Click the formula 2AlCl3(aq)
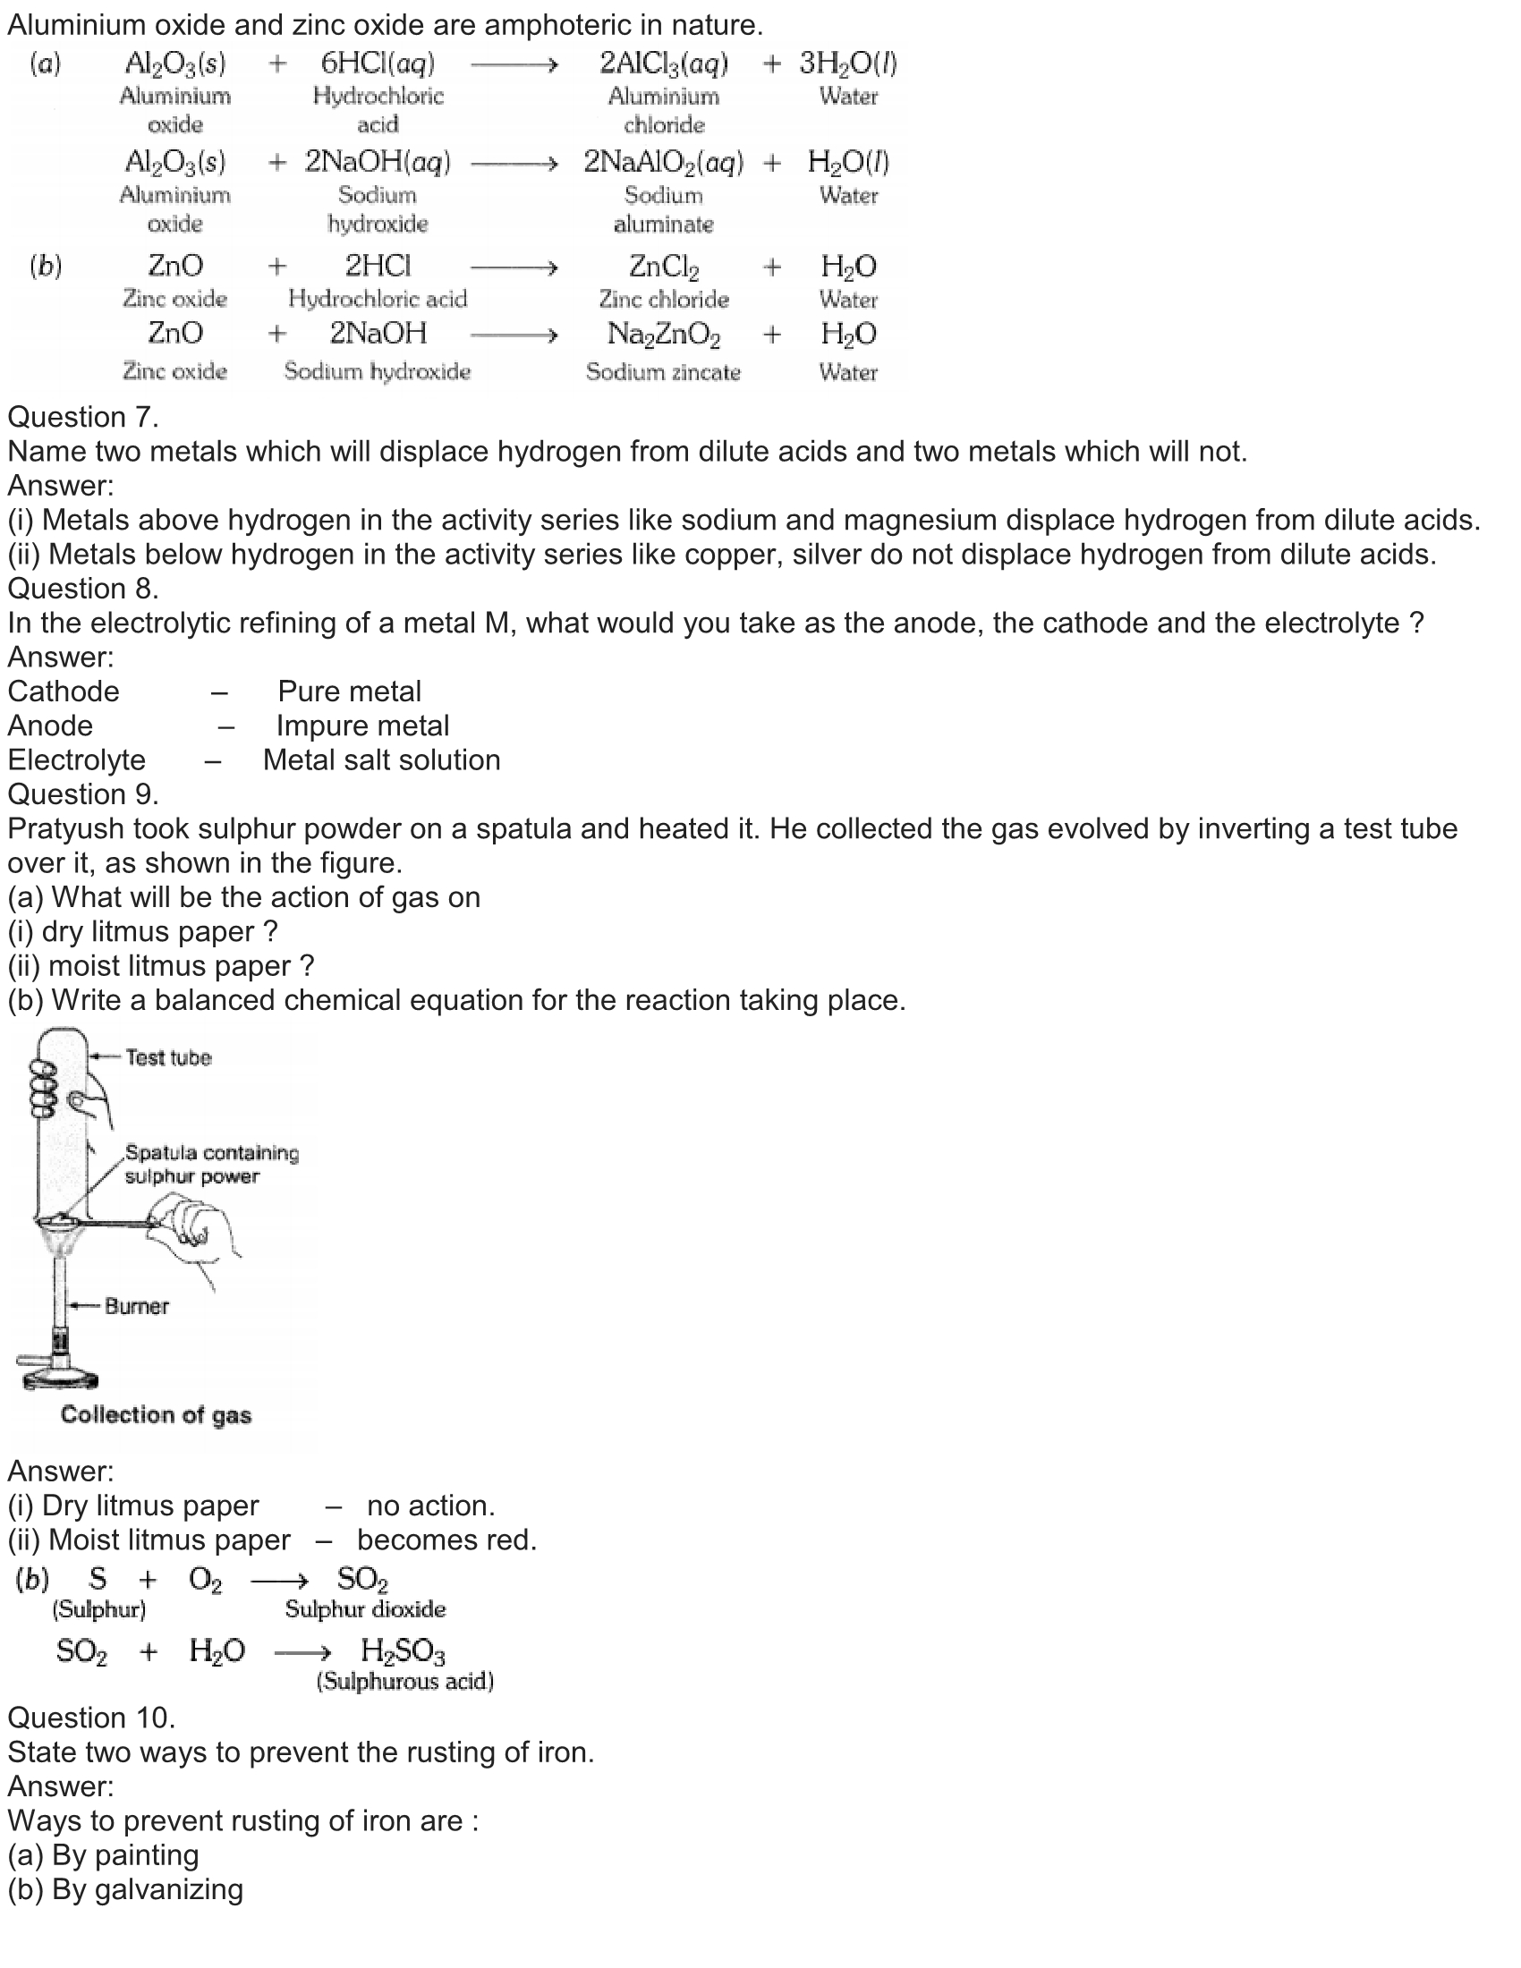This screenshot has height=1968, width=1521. point(663,64)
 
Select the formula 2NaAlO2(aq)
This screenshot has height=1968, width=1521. point(663,162)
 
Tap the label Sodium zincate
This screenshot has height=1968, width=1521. point(663,372)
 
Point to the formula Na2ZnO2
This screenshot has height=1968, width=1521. point(663,335)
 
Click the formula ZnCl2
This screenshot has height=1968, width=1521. point(663,267)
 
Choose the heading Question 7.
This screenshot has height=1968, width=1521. point(83,417)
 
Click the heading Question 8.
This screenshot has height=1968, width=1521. point(83,589)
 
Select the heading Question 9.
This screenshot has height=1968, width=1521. point(83,793)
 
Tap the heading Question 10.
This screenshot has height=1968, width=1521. point(91,1718)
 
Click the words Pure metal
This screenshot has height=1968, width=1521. point(349,691)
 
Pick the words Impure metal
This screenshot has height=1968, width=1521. point(362,725)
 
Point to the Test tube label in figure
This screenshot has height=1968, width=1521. point(167,1057)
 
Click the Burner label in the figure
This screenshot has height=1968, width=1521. point(136,1306)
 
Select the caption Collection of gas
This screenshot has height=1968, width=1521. point(156,1415)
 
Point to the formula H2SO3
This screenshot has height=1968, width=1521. point(403,1650)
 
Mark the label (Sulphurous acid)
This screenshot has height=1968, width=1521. point(404,1682)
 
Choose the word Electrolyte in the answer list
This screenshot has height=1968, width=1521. point(77,759)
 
